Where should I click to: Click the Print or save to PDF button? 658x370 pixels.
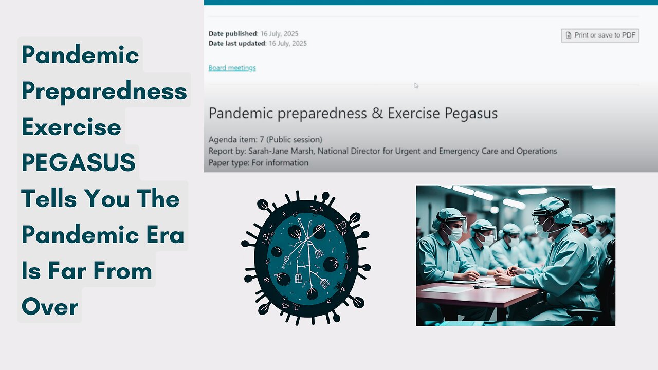[x=600, y=35]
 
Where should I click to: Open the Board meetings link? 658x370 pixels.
[x=232, y=68]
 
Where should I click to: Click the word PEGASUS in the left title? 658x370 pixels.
[x=78, y=163]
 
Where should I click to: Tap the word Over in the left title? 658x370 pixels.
[x=50, y=307]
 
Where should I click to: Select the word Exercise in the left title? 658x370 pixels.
[x=71, y=127]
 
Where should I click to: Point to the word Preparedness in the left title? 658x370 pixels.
[x=104, y=91]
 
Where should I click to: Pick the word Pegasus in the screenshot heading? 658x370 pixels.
[x=468, y=113]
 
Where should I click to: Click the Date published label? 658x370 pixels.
[x=232, y=34]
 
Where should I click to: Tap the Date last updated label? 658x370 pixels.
[x=236, y=44]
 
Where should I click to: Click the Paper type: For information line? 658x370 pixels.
[x=258, y=163]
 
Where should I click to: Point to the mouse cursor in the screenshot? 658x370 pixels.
[x=416, y=86]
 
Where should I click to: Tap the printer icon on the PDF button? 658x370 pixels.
[x=568, y=35]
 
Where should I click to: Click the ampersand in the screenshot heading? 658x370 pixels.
[x=377, y=113]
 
